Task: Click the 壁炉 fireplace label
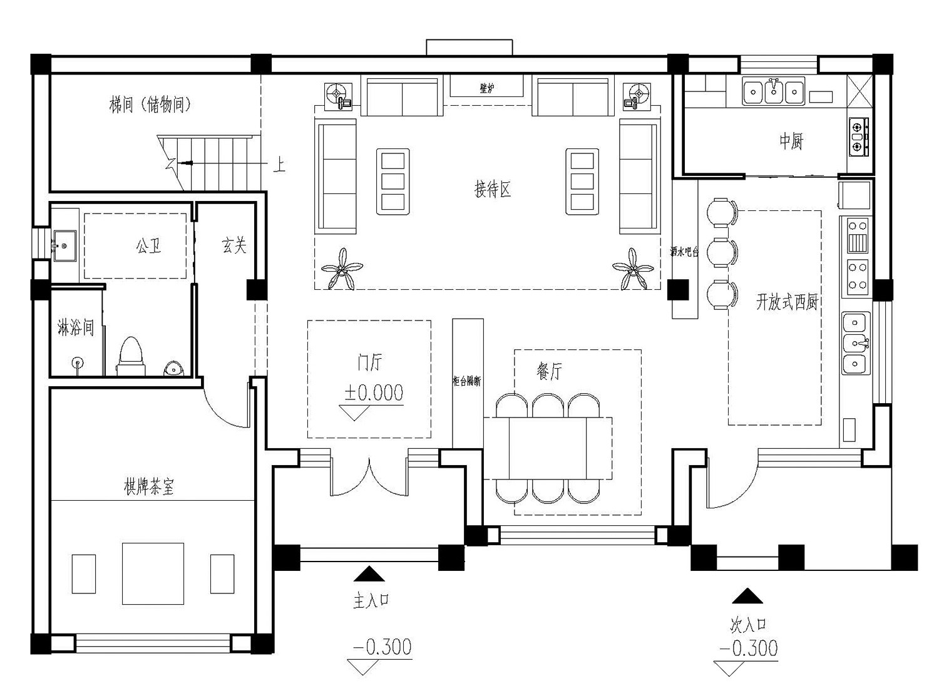[x=486, y=89]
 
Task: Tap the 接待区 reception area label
[x=493, y=188]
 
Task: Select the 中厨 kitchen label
[x=791, y=141]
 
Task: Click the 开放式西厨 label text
[x=787, y=302]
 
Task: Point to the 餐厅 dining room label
[x=549, y=371]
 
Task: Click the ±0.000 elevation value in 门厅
[x=374, y=393]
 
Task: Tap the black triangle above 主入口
[x=369, y=574]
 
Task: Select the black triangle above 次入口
[x=747, y=595]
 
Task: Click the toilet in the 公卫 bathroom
[x=131, y=357]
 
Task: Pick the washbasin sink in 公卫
[x=63, y=243]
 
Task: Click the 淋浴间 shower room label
[x=75, y=327]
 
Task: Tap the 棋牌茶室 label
[x=149, y=487]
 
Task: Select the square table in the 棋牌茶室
[x=153, y=573]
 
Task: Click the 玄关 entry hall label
[x=233, y=245]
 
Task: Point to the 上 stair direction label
[x=279, y=165]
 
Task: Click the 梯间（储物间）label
[x=150, y=105]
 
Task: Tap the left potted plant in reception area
[x=342, y=270]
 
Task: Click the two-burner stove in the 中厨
[x=858, y=136]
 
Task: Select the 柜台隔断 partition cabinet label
[x=467, y=381]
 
